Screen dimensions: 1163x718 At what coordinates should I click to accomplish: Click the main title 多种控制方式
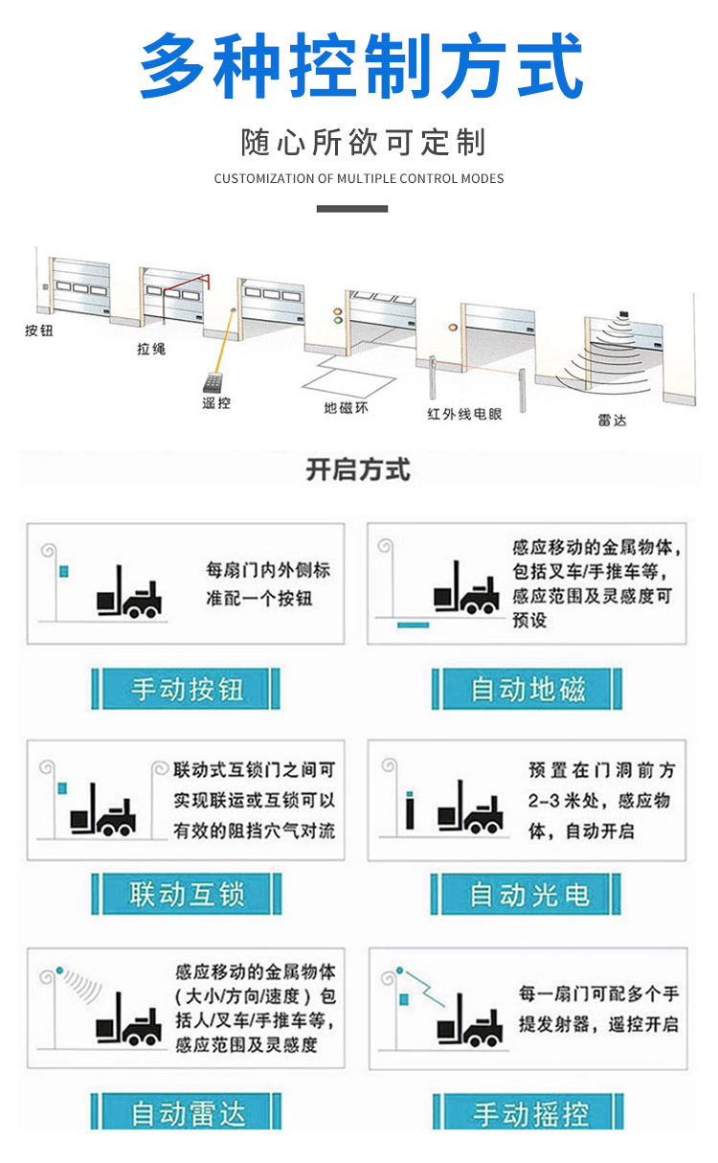coord(361,65)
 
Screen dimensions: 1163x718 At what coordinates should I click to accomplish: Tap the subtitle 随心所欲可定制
coord(362,143)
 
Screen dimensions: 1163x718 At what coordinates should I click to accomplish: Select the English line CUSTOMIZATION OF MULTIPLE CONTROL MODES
coord(359,178)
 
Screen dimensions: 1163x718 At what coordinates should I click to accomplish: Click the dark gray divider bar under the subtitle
coord(351,208)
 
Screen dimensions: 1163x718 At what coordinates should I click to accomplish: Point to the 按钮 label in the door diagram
coord(39,331)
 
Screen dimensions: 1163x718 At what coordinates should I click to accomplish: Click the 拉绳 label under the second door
coord(151,350)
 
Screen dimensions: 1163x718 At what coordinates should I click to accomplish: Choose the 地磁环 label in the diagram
coord(345,408)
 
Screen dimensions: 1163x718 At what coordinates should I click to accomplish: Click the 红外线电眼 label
coord(464,414)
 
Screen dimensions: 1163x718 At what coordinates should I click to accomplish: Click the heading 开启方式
coord(358,470)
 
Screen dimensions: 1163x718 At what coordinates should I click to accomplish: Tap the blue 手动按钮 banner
coord(187,689)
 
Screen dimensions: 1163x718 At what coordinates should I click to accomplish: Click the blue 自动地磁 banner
coord(527,689)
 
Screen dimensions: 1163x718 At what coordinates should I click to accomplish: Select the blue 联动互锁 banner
coord(187,894)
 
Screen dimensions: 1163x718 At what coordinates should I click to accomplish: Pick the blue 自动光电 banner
coord(527,894)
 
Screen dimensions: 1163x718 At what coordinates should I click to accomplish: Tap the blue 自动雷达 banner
coord(187,1113)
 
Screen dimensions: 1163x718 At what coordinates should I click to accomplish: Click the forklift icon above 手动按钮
coord(129,594)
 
